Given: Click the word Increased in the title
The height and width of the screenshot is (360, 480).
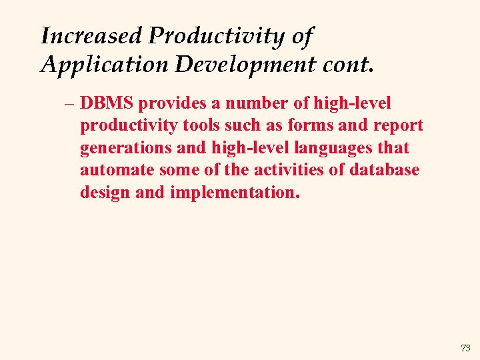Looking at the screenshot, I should coord(92,36).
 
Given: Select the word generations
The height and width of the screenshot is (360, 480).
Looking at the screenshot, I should coord(127,149).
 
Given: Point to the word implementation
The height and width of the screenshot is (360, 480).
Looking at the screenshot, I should coord(235,193).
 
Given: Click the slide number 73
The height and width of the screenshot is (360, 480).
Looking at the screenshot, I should coord(465,348).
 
